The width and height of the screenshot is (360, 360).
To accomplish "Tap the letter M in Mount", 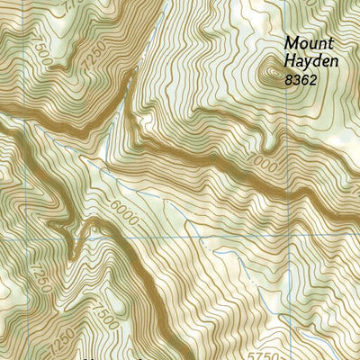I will pos(291,42).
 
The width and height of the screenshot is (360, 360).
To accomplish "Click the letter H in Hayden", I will pos(289,61).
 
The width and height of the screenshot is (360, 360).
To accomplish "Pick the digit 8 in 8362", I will pos(287,80).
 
